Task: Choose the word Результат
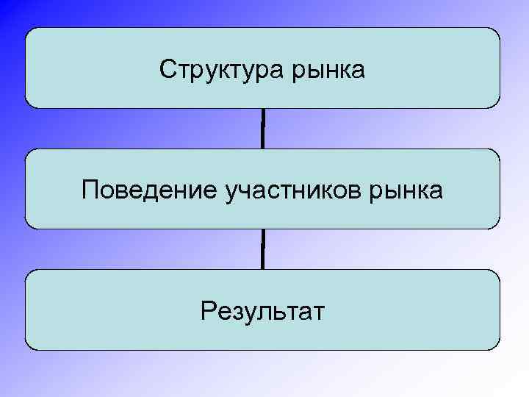(x=262, y=312)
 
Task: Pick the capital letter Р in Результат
(x=206, y=311)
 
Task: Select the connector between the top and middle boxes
(x=262, y=129)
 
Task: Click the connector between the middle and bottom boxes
(x=262, y=249)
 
